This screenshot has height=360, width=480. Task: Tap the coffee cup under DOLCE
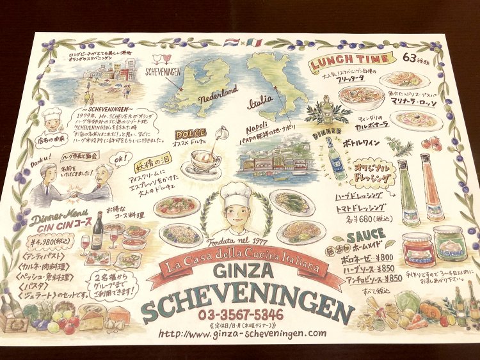tap(204, 159)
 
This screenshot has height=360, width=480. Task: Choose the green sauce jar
tap(451, 244)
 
